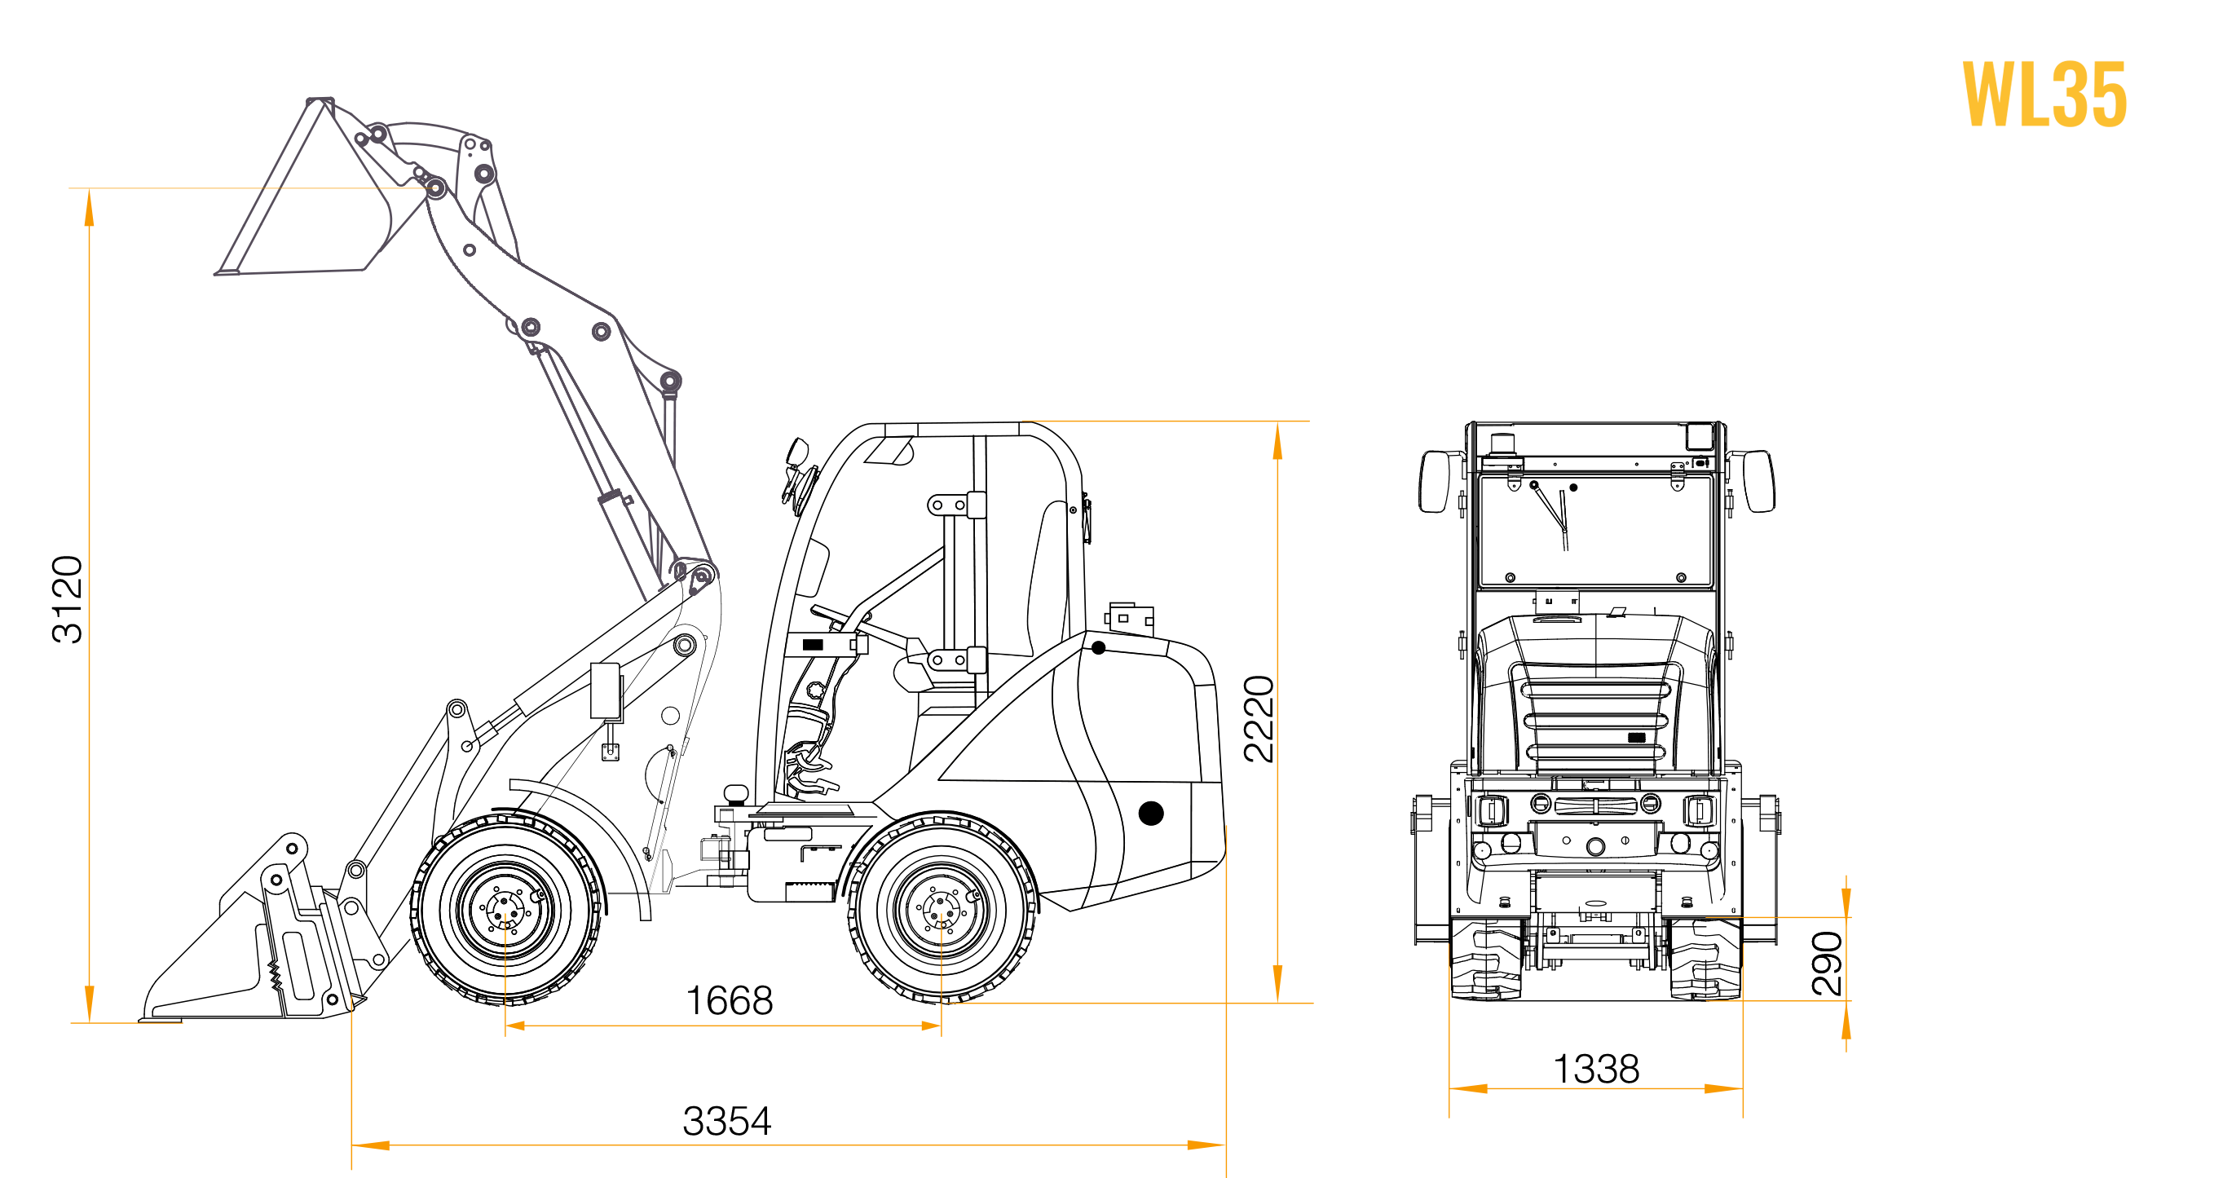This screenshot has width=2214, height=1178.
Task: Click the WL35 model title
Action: click(x=2044, y=95)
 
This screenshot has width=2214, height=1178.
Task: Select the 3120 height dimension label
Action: click(x=68, y=600)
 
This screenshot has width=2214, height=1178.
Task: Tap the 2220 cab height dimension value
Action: click(x=1259, y=719)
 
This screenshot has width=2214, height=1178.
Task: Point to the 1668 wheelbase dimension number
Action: click(x=729, y=1001)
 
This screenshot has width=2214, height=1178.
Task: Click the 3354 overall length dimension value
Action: click(x=727, y=1121)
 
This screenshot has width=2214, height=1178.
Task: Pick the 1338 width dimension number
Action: click(x=1596, y=1070)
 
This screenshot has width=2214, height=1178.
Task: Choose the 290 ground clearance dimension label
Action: click(x=1828, y=964)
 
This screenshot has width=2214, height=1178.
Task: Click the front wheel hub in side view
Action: click(x=505, y=909)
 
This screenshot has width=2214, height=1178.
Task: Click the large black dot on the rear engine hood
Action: click(x=1151, y=813)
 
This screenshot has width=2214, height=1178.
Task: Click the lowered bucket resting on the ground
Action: click(x=258, y=937)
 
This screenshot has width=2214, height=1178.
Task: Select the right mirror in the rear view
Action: click(x=1758, y=481)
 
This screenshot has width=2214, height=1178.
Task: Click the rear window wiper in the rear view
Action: click(x=1552, y=515)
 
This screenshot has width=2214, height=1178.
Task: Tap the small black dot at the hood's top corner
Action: click(x=1098, y=648)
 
